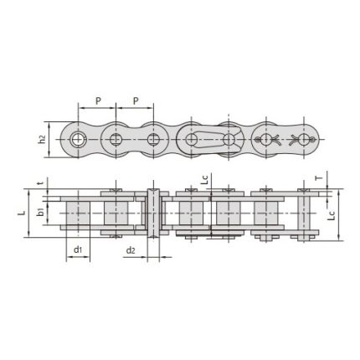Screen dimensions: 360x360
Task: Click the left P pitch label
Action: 98,100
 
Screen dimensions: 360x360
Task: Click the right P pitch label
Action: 136,100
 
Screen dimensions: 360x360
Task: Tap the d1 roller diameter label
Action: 77,251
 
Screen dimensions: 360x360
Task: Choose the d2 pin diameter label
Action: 131,251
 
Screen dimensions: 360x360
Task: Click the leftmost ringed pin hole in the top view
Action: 79,137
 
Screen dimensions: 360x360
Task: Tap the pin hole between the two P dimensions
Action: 116,137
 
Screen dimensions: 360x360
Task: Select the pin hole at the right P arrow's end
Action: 154,137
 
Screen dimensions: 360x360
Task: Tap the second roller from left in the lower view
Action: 116,214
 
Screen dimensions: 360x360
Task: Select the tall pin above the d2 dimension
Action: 153,214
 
